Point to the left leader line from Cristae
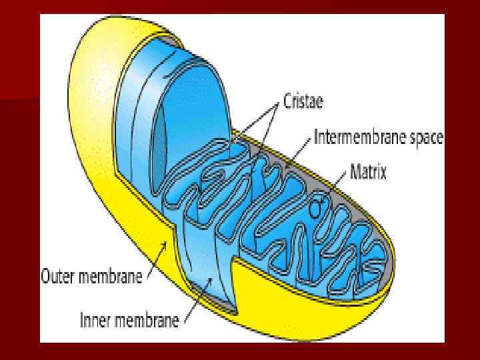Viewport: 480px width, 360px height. click(x=257, y=121)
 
